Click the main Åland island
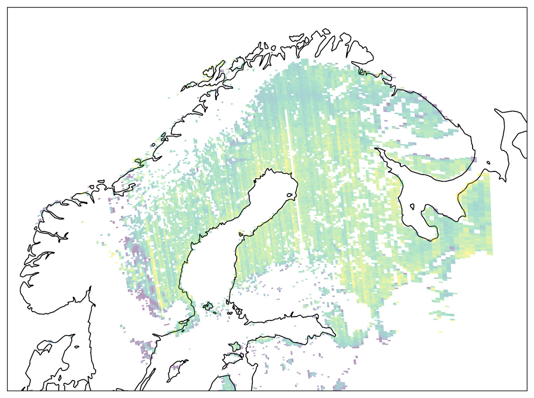pyautogui.click(x=207, y=306)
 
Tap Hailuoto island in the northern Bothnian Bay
pyautogui.click(x=291, y=195)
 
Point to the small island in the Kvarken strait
pyautogui.click(x=241, y=233)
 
